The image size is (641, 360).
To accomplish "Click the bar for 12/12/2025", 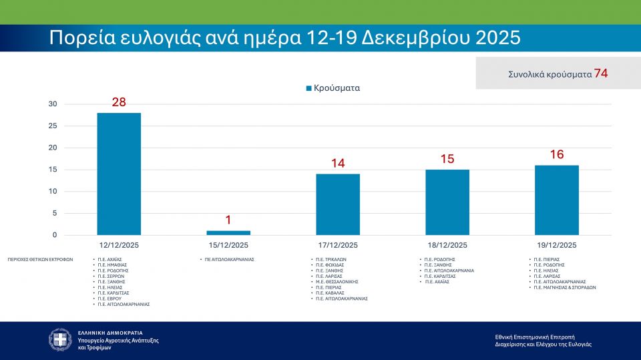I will point(119,174).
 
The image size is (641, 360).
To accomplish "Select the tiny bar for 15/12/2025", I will point(228,232).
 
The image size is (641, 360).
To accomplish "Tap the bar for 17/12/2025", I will point(338,204).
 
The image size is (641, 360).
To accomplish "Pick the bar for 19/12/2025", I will point(556,200).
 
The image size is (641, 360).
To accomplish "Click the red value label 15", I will point(447,159).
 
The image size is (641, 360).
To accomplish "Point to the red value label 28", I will point(119,102).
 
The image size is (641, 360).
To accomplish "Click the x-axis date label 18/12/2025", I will point(447,245).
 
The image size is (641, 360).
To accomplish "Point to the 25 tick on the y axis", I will point(53,126).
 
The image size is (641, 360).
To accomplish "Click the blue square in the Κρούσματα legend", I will point(308,87).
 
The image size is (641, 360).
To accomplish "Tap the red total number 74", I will point(601,73).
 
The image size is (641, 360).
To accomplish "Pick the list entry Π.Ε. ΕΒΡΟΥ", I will point(110,299).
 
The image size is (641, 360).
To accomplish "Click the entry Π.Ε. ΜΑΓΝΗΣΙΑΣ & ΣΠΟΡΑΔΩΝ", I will point(565,287).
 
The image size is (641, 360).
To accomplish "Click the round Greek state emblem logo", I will point(60,340).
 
